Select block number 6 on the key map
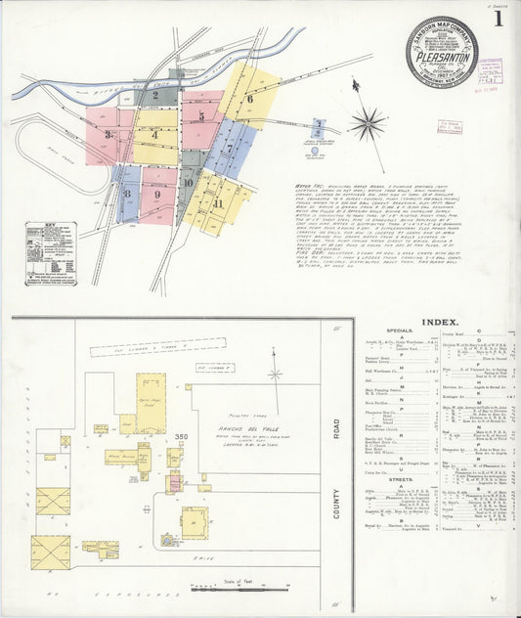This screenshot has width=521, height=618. [250, 99]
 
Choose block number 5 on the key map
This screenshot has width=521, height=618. [201, 116]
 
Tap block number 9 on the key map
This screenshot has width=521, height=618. [156, 195]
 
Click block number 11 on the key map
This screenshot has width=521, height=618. [219, 203]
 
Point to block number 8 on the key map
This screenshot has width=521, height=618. [126, 194]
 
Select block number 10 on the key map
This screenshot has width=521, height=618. [187, 182]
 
